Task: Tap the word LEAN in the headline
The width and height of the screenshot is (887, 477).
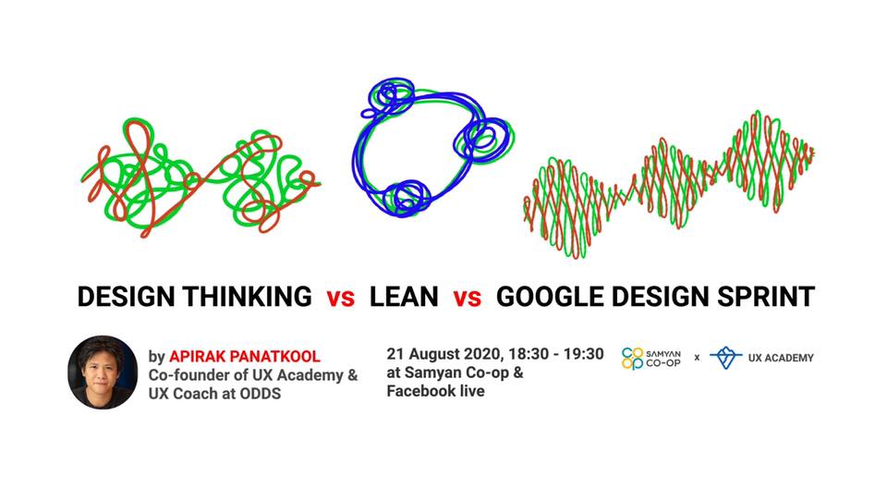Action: click(x=404, y=297)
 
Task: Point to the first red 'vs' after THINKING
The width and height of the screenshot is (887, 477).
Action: click(x=340, y=298)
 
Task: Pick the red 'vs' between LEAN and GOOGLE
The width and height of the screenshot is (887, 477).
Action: click(x=467, y=298)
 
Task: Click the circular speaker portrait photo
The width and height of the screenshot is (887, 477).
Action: click(x=103, y=373)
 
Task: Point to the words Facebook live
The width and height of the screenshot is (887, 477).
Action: click(x=435, y=391)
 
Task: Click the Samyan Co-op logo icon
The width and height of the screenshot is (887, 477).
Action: click(x=634, y=358)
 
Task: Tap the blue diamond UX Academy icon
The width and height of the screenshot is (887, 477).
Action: click(x=726, y=357)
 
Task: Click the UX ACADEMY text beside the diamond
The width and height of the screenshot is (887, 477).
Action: click(x=782, y=358)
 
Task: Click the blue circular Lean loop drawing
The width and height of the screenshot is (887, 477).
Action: click(x=425, y=148)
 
